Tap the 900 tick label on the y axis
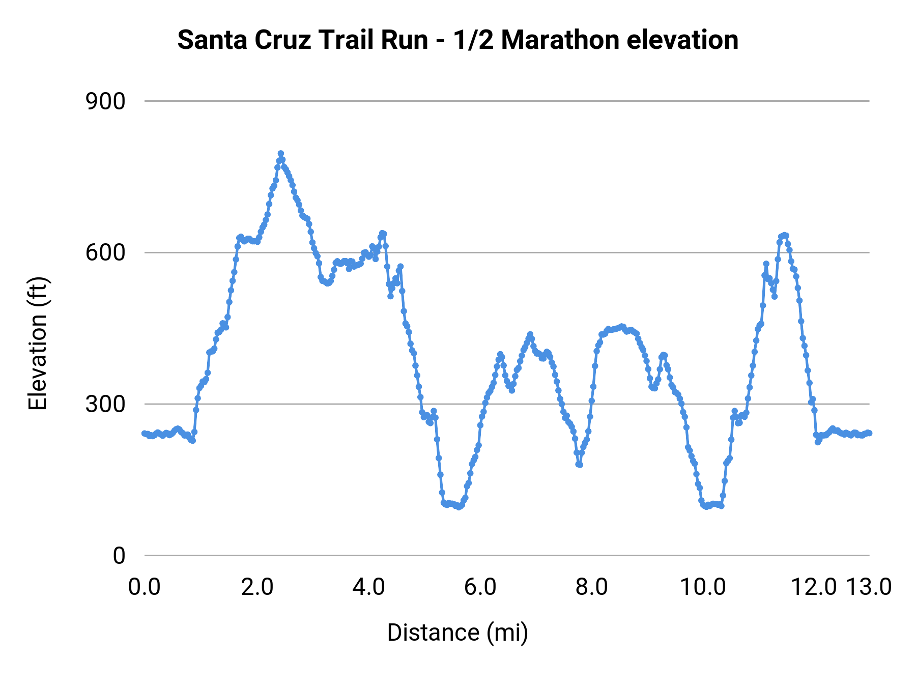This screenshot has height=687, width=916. (x=105, y=102)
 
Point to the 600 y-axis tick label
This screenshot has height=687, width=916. (x=105, y=253)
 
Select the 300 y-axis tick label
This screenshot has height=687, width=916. (x=105, y=405)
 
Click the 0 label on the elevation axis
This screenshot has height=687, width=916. (x=119, y=556)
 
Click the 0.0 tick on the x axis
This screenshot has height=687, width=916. (x=145, y=587)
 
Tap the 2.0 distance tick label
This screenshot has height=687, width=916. (x=257, y=587)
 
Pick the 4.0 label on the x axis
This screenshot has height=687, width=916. (x=368, y=587)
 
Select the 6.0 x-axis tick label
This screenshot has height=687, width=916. (x=480, y=587)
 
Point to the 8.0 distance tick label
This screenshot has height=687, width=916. (x=592, y=587)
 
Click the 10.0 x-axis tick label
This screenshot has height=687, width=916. (x=703, y=587)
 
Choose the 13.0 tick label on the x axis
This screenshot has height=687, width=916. (x=869, y=587)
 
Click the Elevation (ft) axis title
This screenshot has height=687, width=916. (x=38, y=343)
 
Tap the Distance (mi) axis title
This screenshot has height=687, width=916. (x=457, y=633)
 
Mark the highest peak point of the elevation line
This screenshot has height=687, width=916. (x=280, y=154)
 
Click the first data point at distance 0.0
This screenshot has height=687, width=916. (x=145, y=433)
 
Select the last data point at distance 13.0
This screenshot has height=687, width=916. (x=869, y=433)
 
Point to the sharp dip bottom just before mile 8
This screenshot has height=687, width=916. (x=579, y=465)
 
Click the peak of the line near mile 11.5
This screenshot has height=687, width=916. (x=785, y=235)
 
